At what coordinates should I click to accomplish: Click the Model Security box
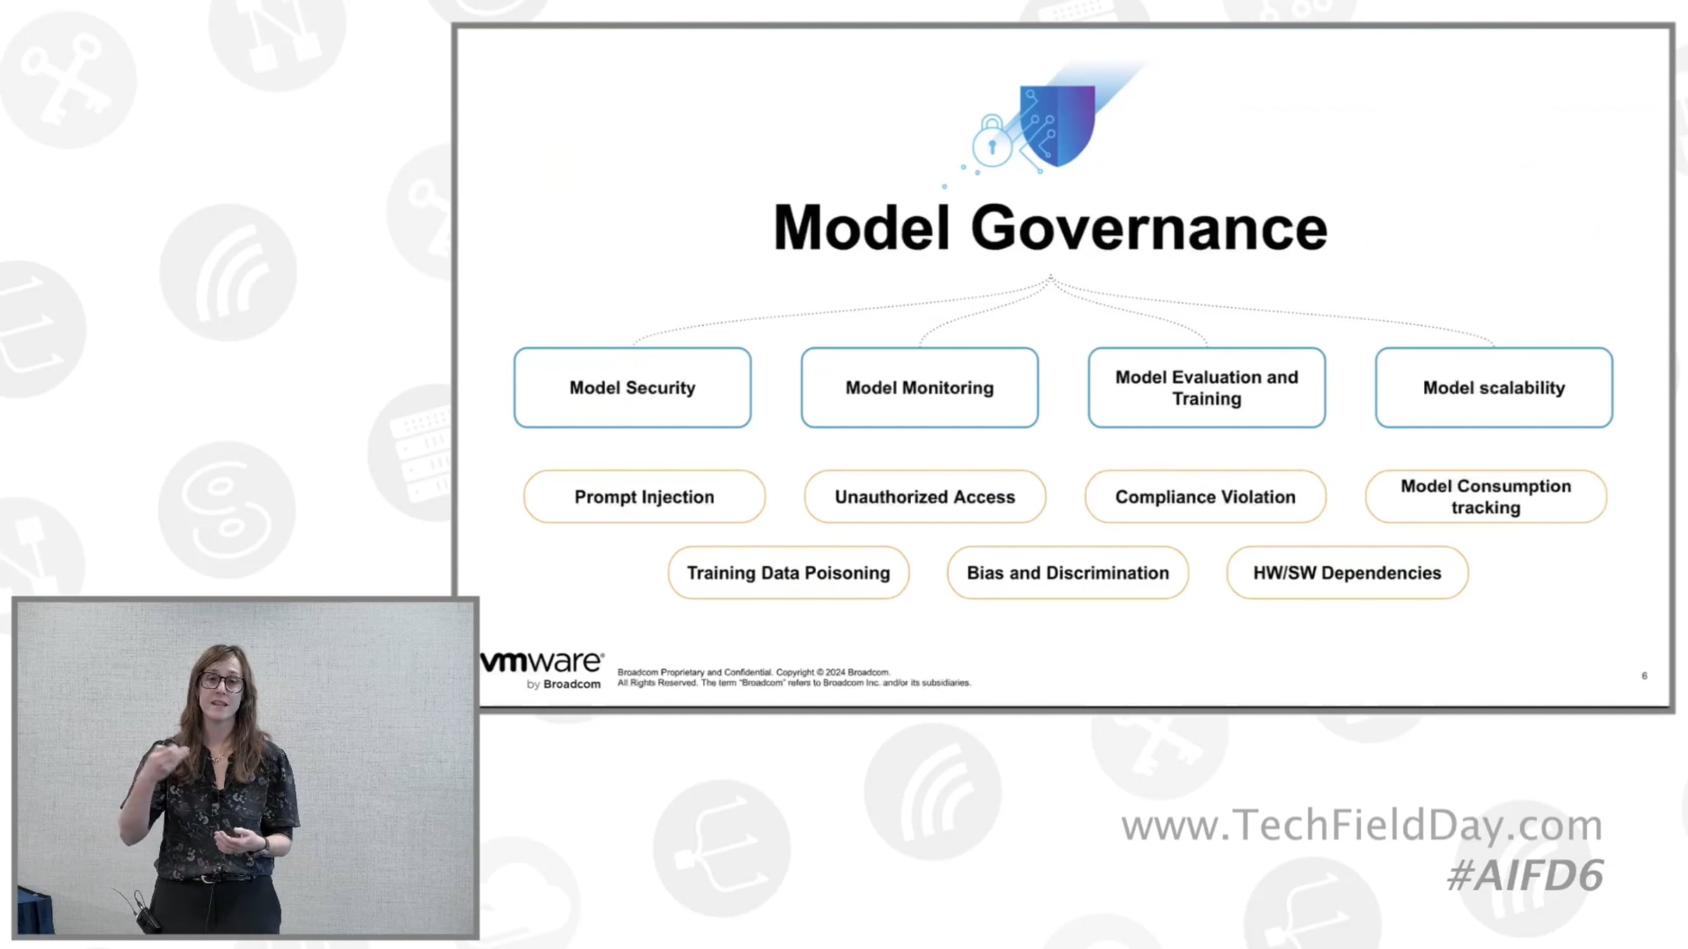click(632, 387)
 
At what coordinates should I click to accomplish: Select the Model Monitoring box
click(919, 387)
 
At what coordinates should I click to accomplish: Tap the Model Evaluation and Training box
click(1207, 387)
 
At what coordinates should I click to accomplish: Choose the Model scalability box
click(1494, 387)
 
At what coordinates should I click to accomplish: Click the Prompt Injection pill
click(644, 497)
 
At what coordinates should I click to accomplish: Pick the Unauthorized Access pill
click(925, 497)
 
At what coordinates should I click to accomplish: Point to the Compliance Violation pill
click(1206, 497)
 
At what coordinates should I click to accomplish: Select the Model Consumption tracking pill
click(1486, 497)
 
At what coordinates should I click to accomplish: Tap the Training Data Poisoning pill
click(788, 573)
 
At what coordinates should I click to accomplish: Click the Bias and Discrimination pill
click(1068, 573)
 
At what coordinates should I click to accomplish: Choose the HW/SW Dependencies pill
click(1348, 573)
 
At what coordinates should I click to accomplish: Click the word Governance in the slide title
click(1149, 228)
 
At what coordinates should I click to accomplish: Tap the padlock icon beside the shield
click(992, 141)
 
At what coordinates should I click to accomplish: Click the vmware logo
click(542, 669)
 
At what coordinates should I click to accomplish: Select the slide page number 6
click(1644, 676)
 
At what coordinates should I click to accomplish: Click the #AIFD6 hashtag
click(1525, 875)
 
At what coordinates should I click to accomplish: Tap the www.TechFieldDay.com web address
click(1362, 825)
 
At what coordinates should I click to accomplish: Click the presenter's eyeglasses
click(222, 681)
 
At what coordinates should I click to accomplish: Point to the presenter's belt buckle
click(205, 879)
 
